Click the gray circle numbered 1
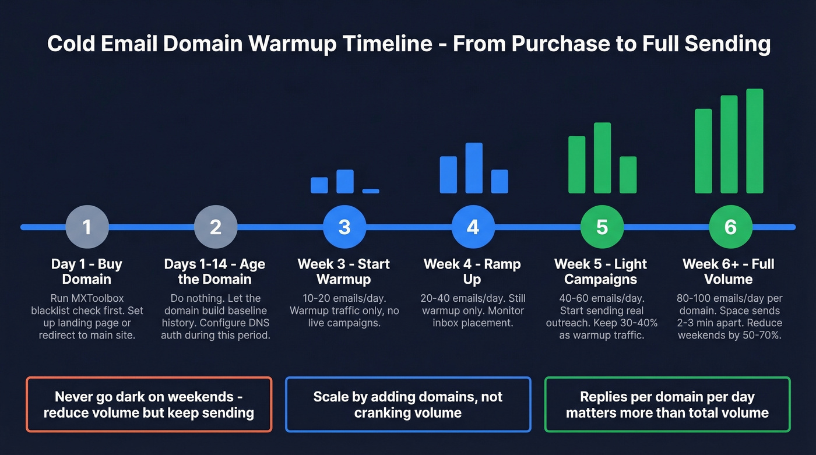coord(87,227)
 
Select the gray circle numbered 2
coord(216,227)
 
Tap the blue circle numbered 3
coord(344,227)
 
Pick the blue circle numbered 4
coord(473,227)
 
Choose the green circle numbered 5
coord(602,227)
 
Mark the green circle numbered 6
coord(730,227)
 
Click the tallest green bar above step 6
coord(755,141)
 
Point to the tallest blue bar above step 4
coord(474,168)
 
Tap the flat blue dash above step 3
coord(371,191)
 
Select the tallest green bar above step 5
coord(602,157)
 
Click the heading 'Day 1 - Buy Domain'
coord(87,271)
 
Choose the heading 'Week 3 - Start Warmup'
coord(344,271)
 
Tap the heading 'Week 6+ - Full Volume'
coord(729,271)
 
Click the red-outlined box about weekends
coord(149,405)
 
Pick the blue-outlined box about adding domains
coord(408,405)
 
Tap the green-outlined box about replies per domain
coord(667,405)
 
